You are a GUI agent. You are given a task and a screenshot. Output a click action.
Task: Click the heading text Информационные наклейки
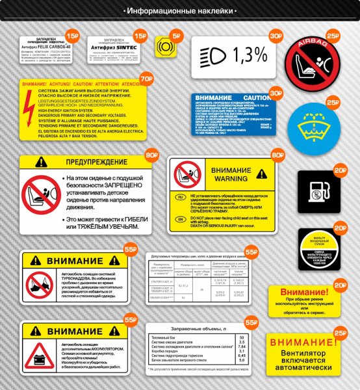pos(179,11)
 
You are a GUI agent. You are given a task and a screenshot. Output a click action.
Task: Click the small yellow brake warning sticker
pos(164,48)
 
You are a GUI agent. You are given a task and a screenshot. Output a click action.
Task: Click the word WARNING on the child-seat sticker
pos(231,178)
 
